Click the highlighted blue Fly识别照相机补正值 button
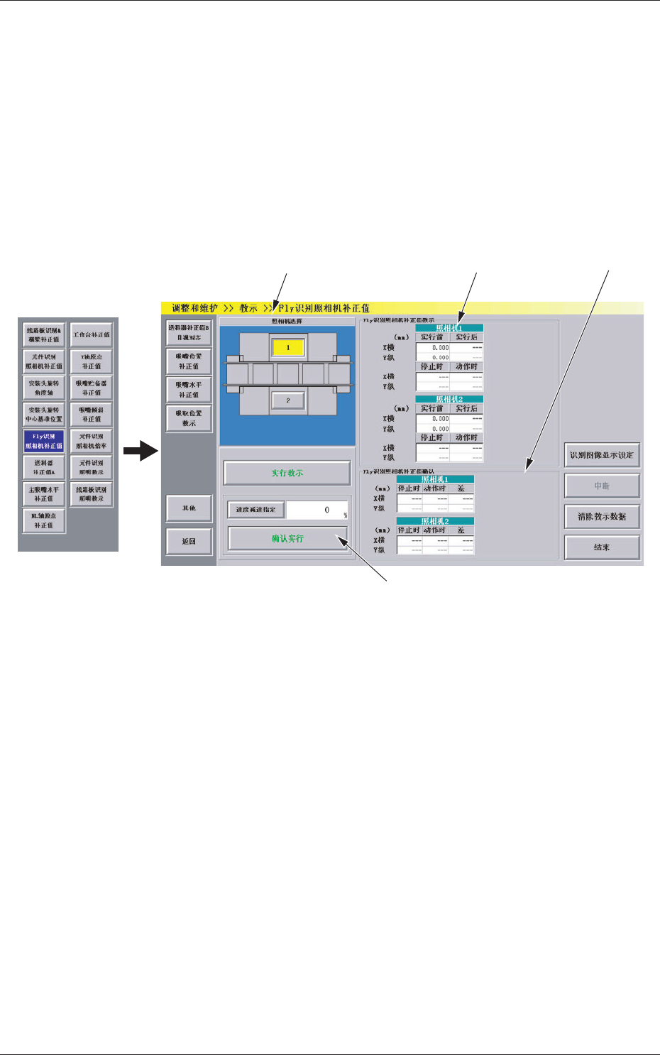click(44, 441)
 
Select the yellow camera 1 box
click(288, 348)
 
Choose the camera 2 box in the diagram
click(288, 401)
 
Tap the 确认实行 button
click(287, 539)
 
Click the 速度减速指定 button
click(255, 510)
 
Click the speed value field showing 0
click(317, 510)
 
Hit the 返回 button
click(189, 541)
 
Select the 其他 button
click(189, 508)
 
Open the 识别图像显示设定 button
click(602, 455)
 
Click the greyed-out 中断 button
click(602, 486)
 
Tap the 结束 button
click(602, 547)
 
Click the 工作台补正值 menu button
click(92, 334)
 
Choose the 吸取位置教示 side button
click(189, 418)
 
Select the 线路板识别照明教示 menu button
click(92, 494)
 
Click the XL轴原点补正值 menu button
click(44, 520)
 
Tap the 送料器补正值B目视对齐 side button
click(189, 332)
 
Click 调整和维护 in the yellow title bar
click(194, 309)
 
